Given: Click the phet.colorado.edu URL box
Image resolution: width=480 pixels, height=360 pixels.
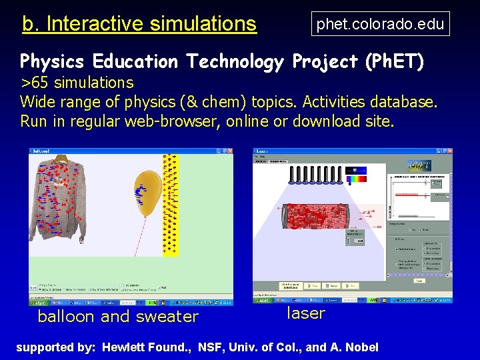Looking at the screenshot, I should [380, 25].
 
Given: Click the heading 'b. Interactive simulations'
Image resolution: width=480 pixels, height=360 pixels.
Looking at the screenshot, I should [139, 24].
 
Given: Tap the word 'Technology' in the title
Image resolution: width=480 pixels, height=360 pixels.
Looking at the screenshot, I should [235, 62].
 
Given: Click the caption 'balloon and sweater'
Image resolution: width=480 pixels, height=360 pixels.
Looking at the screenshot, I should [118, 316].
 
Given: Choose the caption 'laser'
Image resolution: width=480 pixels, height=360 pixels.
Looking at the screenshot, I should [306, 313].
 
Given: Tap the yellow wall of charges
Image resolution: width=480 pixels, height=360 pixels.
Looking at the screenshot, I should [171, 204].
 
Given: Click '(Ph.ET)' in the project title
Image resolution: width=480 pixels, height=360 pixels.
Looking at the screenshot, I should [394, 62].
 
